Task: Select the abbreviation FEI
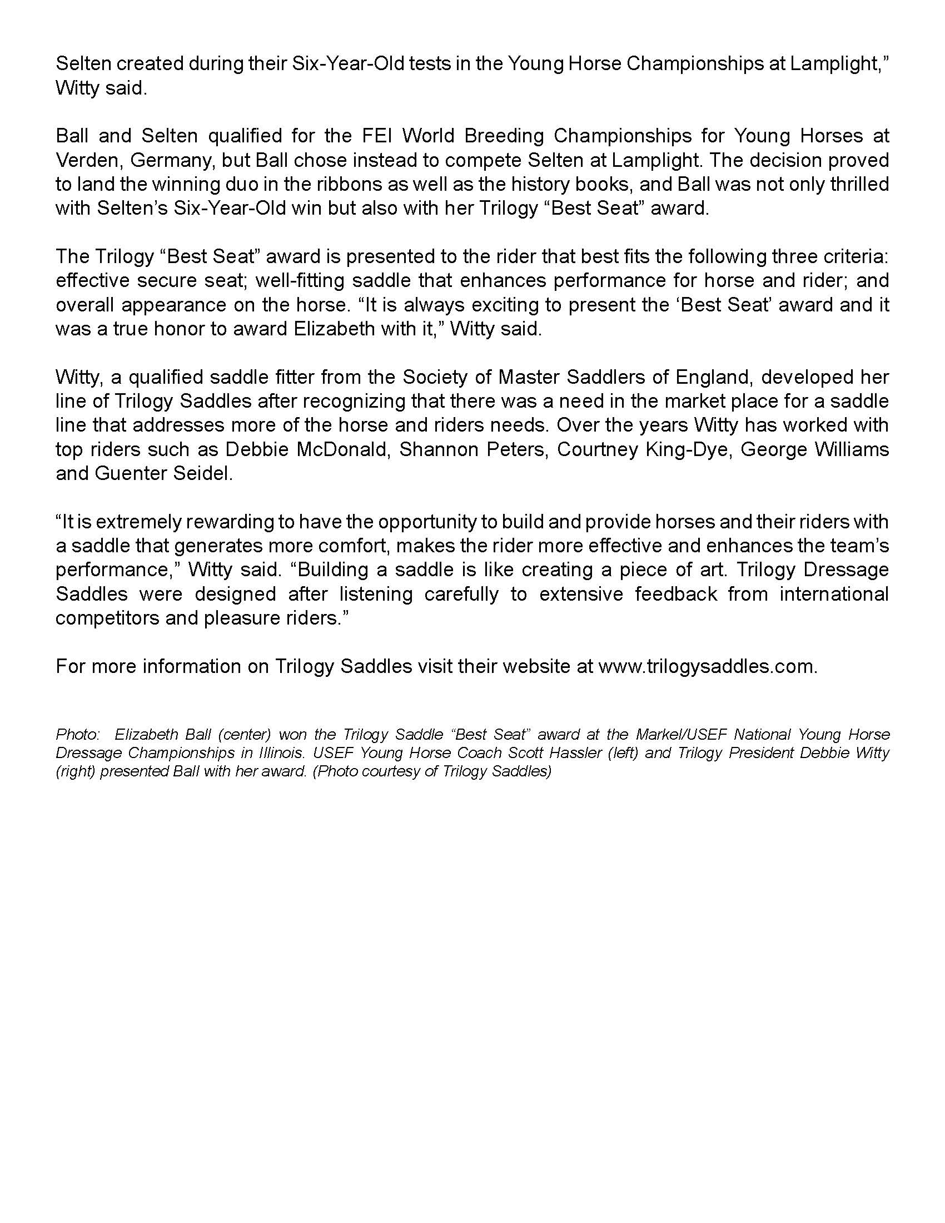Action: point(379,136)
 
